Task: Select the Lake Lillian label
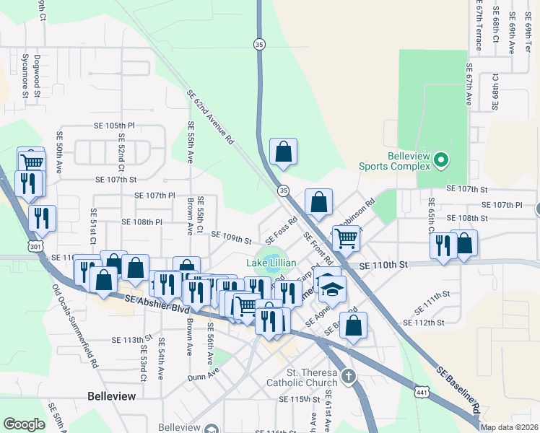coord(271,263)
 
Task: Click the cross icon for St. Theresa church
coord(348,377)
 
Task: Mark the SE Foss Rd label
coord(282,231)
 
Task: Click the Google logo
coord(24,424)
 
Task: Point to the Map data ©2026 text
coord(509,427)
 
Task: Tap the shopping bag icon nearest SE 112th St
coord(353,325)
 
